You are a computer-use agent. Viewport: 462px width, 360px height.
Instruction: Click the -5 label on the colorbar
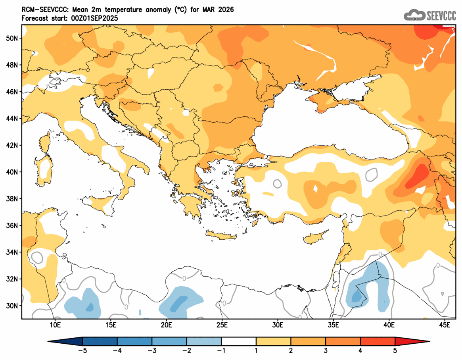click(82, 351)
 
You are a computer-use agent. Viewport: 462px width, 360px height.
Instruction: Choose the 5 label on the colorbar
click(395, 351)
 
